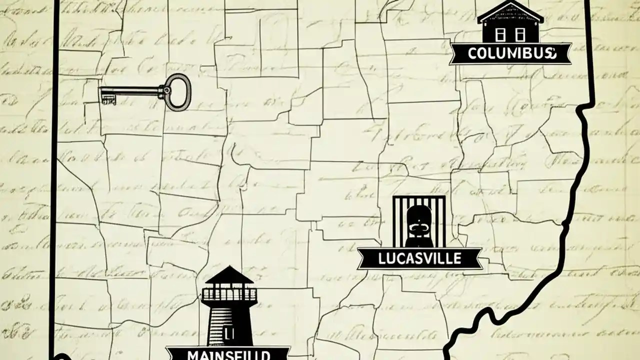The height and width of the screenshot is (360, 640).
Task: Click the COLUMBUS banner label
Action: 510,53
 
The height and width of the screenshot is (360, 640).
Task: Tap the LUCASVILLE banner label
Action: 419,258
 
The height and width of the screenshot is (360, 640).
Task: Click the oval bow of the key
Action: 177,91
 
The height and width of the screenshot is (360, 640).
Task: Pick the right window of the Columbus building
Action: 521,34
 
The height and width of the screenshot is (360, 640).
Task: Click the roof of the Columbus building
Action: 510,12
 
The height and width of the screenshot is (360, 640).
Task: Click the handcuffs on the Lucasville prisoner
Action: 418,227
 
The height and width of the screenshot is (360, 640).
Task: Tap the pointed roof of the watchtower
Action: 228,275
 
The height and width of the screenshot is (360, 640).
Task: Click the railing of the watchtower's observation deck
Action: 228,295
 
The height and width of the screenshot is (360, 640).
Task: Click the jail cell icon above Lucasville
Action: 418,220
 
